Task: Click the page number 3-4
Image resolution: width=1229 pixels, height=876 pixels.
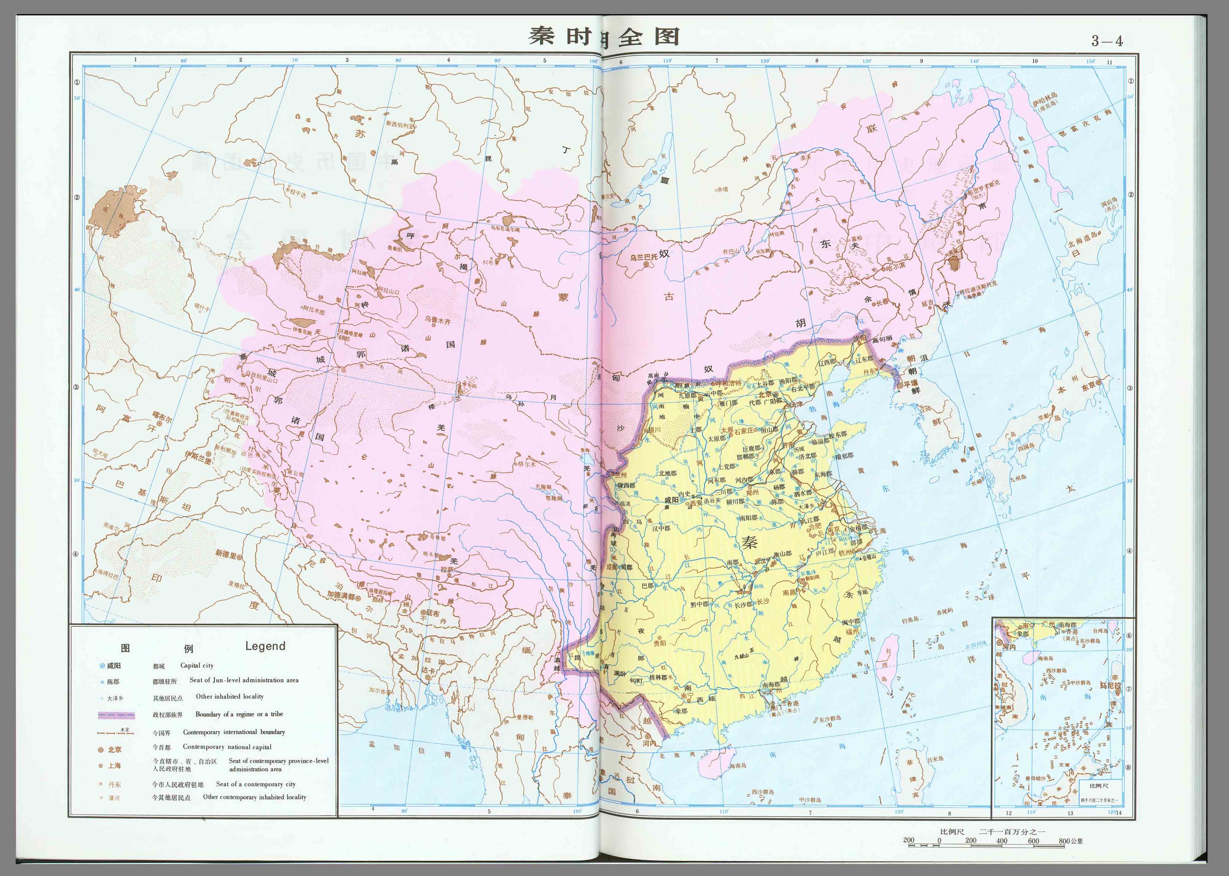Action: pyautogui.click(x=1107, y=41)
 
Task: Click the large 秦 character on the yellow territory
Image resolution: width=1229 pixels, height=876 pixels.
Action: pyautogui.click(x=749, y=542)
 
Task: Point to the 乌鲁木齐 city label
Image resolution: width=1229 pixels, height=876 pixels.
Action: pyautogui.click(x=437, y=320)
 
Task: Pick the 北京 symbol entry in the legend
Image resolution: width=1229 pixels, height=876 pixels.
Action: pyautogui.click(x=111, y=749)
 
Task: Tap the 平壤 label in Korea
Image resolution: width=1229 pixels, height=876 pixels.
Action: pyautogui.click(x=910, y=384)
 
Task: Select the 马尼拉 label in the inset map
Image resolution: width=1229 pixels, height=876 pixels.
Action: pyautogui.click(x=1110, y=685)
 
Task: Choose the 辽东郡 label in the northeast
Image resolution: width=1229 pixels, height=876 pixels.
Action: pyautogui.click(x=864, y=358)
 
